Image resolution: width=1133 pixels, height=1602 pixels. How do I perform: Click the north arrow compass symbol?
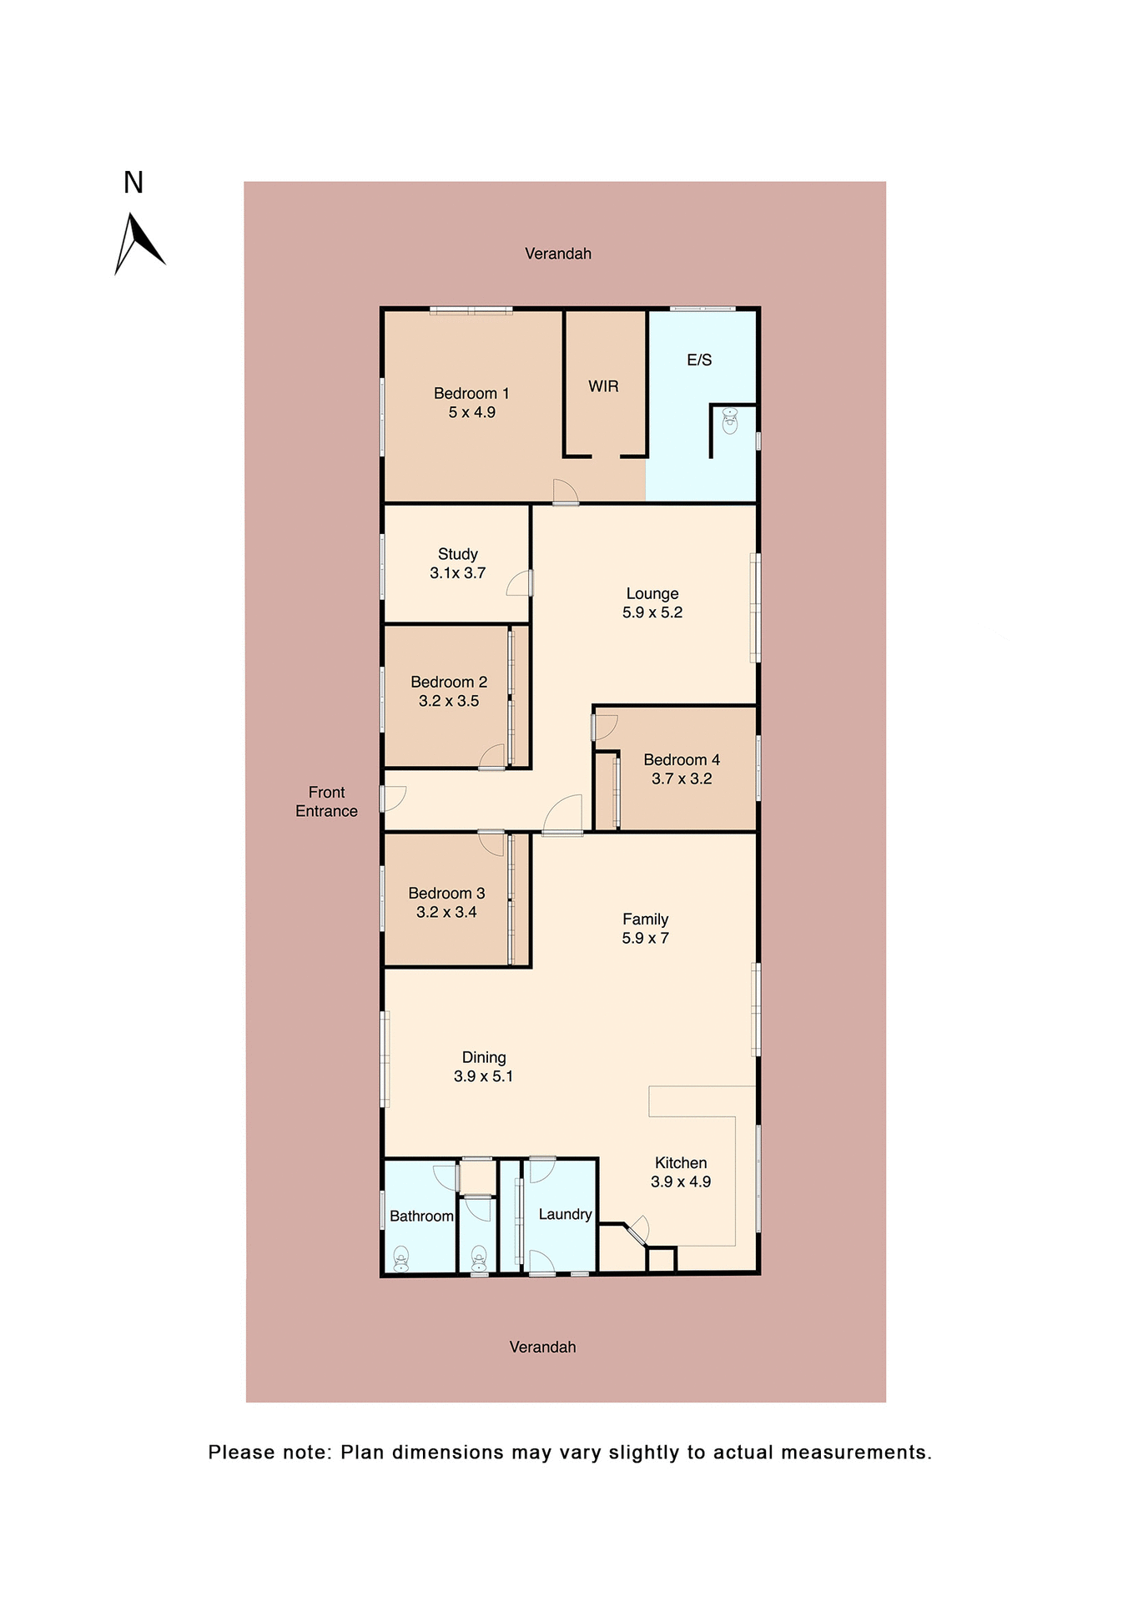tap(138, 243)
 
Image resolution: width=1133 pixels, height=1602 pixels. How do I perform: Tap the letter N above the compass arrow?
tap(133, 183)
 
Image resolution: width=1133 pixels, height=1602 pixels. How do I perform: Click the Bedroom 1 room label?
tap(471, 393)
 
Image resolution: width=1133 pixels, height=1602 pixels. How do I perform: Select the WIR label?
tap(603, 386)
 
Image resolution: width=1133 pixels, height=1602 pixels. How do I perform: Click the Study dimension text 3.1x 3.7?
tap(457, 573)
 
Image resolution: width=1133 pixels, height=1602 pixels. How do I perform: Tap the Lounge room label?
tap(652, 593)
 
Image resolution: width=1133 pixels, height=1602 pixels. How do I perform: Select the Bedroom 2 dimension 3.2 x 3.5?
tap(448, 702)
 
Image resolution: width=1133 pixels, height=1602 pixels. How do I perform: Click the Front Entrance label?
tap(326, 802)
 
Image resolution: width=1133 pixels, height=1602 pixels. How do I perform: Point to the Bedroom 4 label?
tap(681, 760)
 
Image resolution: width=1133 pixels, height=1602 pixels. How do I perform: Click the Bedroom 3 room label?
tap(446, 893)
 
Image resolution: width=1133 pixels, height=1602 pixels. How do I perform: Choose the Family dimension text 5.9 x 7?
tap(644, 939)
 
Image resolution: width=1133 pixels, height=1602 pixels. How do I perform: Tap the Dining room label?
tap(484, 1057)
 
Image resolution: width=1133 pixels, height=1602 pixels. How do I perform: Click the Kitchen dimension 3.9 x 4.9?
tap(680, 1182)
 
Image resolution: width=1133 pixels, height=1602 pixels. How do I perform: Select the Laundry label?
tap(565, 1214)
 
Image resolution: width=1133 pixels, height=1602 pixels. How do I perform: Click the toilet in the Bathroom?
tap(401, 1258)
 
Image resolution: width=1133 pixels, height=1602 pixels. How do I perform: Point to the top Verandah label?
tap(557, 254)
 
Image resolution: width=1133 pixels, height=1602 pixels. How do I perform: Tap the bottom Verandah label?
tap(542, 1347)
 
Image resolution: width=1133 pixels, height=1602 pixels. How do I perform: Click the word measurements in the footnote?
tap(855, 1453)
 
